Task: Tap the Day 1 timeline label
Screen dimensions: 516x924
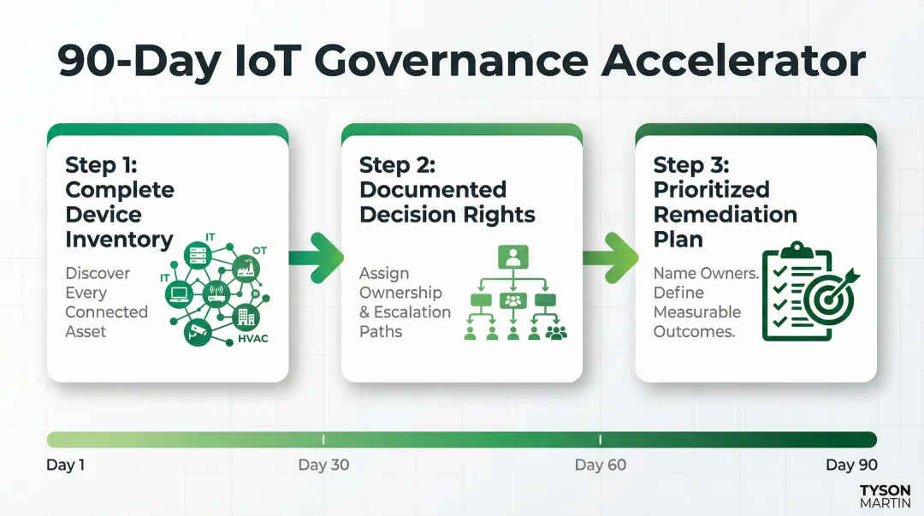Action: [66, 466]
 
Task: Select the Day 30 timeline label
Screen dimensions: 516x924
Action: [323, 466]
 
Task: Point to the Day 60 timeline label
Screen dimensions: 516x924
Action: [600, 466]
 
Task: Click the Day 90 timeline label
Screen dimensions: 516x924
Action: [851, 466]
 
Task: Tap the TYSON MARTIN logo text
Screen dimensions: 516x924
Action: [885, 497]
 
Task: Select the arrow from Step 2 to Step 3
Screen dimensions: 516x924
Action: [609, 256]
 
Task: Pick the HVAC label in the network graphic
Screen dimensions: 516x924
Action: [253, 339]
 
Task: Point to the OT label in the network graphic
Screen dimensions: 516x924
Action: [259, 251]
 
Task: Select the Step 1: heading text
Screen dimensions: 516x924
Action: [100, 164]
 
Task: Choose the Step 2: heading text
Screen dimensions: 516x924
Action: [396, 164]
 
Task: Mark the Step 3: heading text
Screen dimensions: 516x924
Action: [690, 164]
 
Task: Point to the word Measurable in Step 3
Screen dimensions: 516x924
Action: [697, 312]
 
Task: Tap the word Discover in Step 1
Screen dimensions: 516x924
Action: [98, 274]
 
